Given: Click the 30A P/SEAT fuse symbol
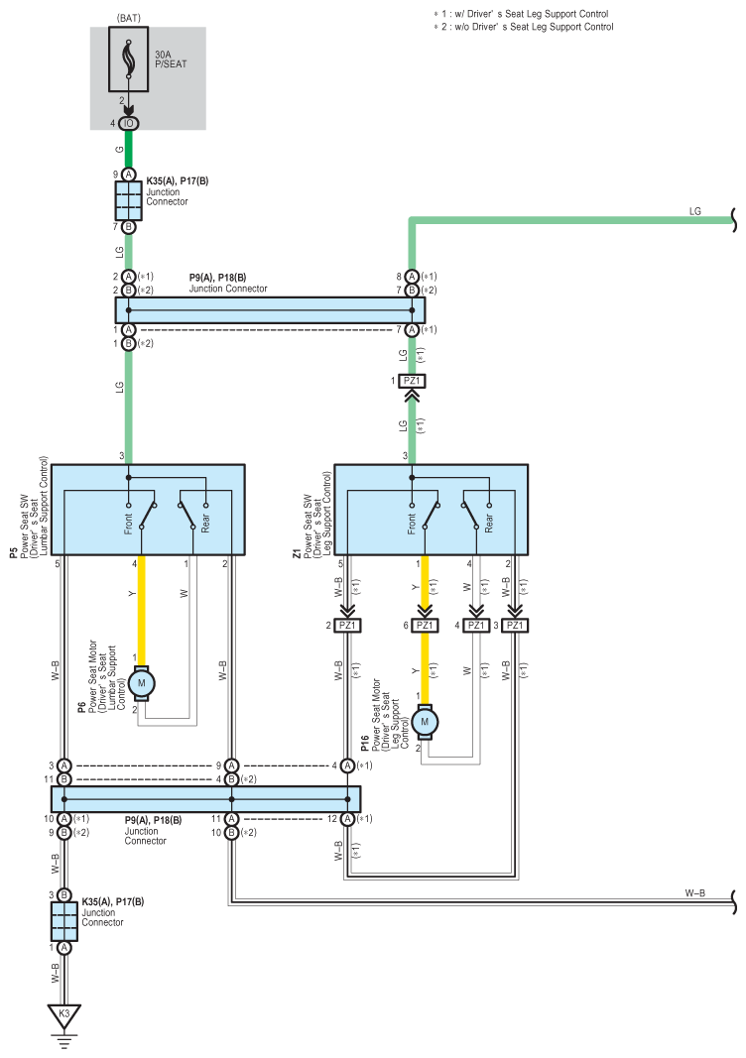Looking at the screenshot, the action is tap(128, 59).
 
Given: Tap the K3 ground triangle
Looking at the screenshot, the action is tap(64, 1015).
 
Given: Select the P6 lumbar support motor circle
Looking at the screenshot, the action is tap(142, 683).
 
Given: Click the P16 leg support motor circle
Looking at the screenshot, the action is tap(425, 721).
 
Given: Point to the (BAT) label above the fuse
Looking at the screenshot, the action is tap(128, 18).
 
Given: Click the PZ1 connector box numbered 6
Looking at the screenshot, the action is tap(425, 626).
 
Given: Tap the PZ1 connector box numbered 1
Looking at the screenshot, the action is tap(411, 381).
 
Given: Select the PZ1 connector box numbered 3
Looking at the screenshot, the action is tap(515, 626).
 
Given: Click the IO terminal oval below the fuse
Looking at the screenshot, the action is tap(128, 124).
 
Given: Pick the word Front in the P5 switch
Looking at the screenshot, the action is tap(128, 524).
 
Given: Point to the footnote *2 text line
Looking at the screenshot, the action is tap(523, 27).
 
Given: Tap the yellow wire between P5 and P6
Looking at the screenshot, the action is tap(142, 611).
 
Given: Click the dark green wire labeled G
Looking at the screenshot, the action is tap(128, 149).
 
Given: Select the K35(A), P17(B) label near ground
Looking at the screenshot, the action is tap(113, 901).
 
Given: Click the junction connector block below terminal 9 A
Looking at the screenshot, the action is tap(128, 200).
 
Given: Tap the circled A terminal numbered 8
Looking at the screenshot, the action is tap(411, 277).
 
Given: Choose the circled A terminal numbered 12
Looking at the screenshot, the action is tap(347, 819).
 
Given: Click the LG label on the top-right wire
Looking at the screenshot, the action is tap(694, 211).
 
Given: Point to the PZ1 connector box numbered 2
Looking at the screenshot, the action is tap(347, 626).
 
